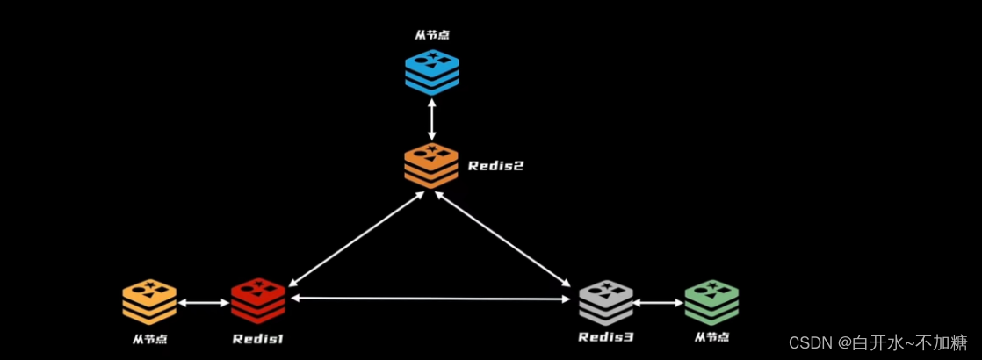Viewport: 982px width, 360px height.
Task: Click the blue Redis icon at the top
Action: (x=431, y=71)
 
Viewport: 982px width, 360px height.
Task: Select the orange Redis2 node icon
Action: (x=431, y=164)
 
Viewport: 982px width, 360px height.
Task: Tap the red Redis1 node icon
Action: (x=258, y=301)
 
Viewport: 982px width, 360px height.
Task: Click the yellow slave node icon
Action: (x=149, y=301)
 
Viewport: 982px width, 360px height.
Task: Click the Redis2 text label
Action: (x=495, y=165)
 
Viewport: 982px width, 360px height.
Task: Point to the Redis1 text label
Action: (x=258, y=338)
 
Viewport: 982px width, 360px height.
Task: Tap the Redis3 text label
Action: (x=605, y=338)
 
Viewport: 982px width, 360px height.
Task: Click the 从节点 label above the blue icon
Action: (x=431, y=37)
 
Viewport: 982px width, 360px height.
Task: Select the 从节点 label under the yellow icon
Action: (x=149, y=338)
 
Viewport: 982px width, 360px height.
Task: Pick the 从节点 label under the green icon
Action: (x=711, y=338)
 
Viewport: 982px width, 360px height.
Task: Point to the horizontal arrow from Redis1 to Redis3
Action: (x=431, y=299)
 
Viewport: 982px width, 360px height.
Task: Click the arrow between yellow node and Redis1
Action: (x=204, y=303)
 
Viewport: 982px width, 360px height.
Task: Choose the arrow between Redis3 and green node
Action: (x=658, y=303)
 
